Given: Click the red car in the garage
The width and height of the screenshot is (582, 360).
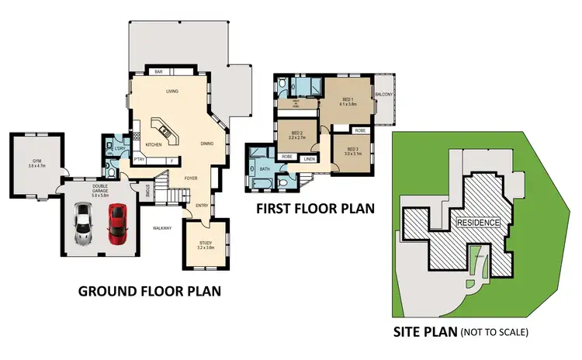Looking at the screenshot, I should (117, 223).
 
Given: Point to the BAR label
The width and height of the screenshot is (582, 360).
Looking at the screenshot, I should (158, 71).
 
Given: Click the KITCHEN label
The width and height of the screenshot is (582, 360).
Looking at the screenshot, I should (153, 144).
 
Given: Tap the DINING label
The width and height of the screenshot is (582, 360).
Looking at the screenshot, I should (207, 144).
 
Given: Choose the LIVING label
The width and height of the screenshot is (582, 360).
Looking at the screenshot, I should (172, 92).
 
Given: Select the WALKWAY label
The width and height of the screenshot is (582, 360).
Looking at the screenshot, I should (161, 227).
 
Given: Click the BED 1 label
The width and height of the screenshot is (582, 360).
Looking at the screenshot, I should (348, 100).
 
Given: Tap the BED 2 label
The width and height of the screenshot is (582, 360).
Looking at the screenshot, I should (296, 133).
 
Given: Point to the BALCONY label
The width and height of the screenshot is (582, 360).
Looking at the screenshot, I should (384, 95).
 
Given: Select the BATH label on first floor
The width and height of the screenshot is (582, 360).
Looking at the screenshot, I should (264, 168).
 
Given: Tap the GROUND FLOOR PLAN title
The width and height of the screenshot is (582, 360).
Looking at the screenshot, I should (149, 292).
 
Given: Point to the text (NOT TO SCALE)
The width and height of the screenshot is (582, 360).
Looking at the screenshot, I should (494, 332).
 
